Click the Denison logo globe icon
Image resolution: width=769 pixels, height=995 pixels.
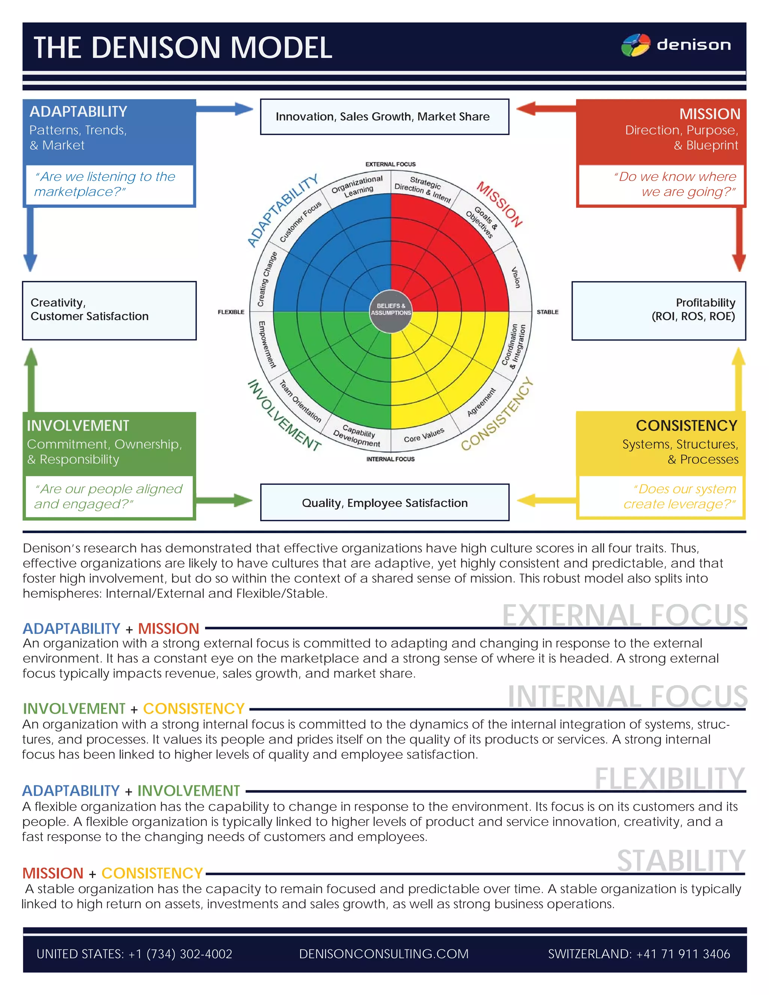636,45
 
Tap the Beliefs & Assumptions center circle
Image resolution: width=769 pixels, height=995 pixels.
391,309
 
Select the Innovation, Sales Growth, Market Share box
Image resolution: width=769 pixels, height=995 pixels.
384,117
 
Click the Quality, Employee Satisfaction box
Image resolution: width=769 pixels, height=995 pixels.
384,502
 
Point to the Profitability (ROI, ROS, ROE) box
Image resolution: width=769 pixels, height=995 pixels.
659,310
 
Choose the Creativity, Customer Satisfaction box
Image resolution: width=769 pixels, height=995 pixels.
109,310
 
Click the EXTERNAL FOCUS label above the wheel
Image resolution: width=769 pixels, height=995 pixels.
391,164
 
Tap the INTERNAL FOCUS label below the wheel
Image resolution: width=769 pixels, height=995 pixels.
391,459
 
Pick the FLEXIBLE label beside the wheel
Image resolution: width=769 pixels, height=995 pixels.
231,312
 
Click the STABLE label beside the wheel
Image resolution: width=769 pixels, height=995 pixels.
547,312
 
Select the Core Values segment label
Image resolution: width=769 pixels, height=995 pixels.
424,435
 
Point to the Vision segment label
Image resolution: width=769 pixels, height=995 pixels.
515,277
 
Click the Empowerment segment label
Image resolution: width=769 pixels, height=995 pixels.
267,344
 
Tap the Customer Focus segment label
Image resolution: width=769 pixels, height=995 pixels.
300,222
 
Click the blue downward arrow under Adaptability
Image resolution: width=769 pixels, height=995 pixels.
30,239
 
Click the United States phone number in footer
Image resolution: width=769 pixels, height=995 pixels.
134,954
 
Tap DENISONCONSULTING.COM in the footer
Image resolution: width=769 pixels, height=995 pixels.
384,954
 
